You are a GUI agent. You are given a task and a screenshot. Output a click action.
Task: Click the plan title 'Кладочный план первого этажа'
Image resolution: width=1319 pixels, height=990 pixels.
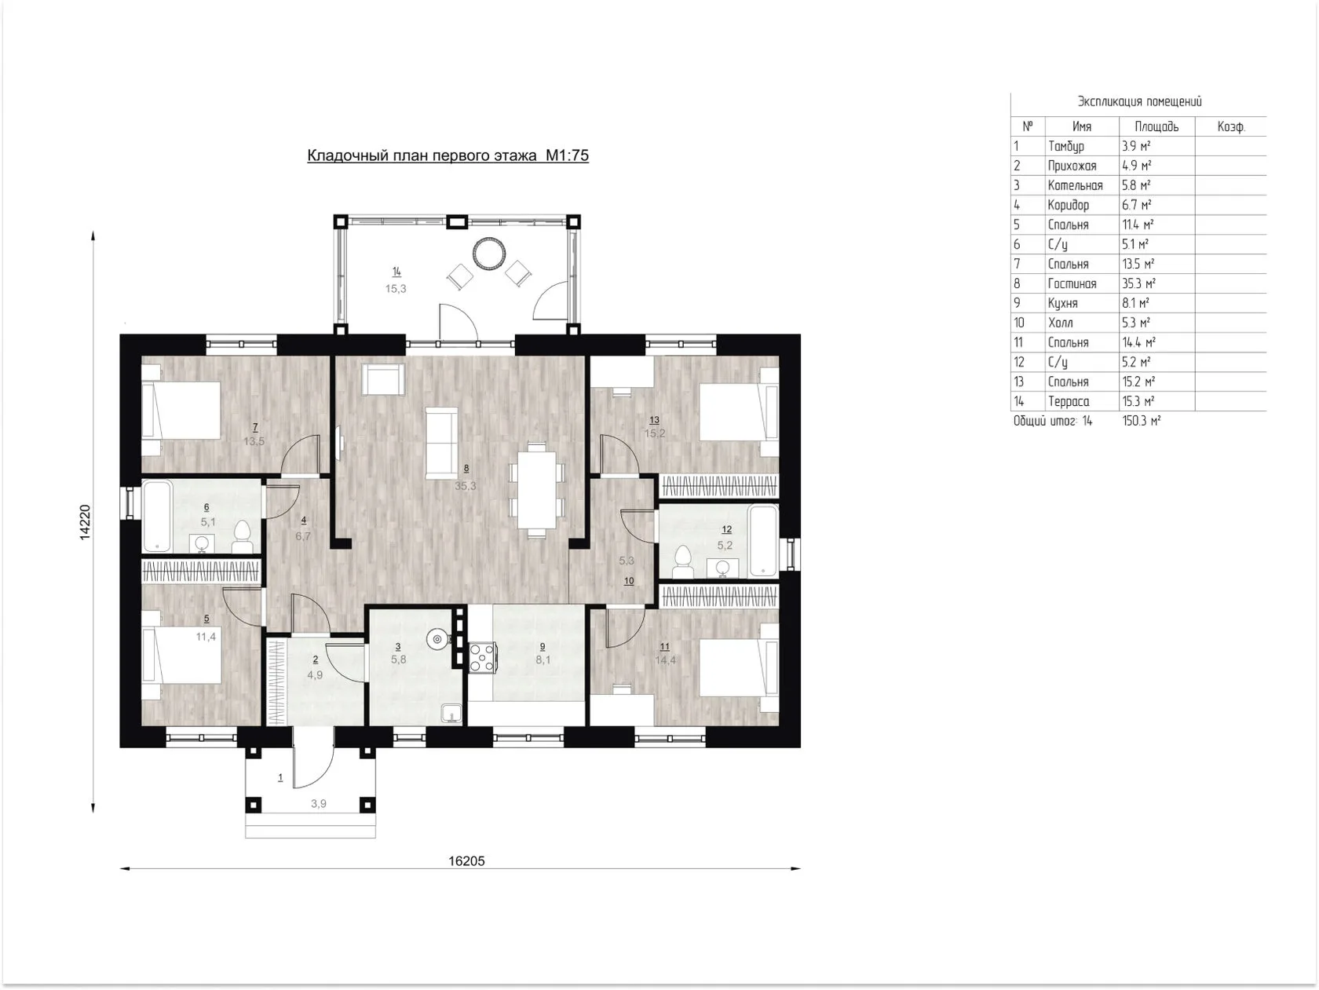(x=422, y=155)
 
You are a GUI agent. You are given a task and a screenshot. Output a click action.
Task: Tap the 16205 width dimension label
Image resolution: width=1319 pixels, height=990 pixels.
(x=466, y=860)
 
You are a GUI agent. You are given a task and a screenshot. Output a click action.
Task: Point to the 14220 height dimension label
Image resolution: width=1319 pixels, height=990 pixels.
(x=86, y=522)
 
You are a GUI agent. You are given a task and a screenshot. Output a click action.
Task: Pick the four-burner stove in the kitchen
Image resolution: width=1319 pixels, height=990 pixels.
(x=482, y=657)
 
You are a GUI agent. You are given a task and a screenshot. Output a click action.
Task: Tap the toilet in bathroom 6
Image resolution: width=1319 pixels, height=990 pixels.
(x=242, y=536)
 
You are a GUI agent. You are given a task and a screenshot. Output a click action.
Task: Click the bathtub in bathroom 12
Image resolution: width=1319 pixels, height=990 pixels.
(x=762, y=540)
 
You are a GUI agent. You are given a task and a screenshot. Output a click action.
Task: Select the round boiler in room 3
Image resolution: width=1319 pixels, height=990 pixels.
(x=437, y=639)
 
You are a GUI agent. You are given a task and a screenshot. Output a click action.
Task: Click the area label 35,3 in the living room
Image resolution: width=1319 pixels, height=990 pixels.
(x=465, y=485)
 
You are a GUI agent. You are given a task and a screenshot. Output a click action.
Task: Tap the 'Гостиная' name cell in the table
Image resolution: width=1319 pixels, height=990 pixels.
(x=1072, y=283)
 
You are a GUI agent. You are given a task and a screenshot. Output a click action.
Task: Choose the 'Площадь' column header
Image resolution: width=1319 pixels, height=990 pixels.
(x=1156, y=126)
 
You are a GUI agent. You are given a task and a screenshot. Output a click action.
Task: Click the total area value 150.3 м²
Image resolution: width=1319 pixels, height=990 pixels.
(x=1141, y=421)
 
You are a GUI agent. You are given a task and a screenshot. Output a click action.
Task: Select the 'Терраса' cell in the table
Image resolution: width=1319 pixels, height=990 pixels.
(x=1069, y=401)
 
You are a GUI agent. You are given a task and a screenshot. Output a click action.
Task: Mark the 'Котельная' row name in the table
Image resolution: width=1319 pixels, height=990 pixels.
(x=1075, y=185)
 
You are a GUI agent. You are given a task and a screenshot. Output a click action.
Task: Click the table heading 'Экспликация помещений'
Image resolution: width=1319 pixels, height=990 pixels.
(x=1139, y=101)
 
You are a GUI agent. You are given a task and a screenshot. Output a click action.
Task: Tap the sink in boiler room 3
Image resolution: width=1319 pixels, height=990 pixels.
(x=451, y=713)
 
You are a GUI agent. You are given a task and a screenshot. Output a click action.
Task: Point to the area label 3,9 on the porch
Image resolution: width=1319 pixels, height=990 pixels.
(x=319, y=804)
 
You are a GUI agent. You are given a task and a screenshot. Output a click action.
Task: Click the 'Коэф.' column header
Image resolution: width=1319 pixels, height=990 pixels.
(x=1230, y=126)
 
